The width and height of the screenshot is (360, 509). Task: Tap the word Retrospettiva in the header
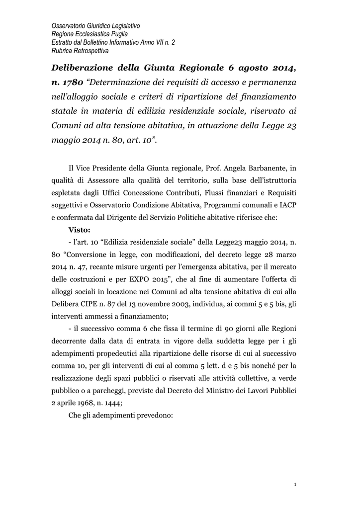pos(88,51)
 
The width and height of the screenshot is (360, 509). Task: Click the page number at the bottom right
pos(295,485)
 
